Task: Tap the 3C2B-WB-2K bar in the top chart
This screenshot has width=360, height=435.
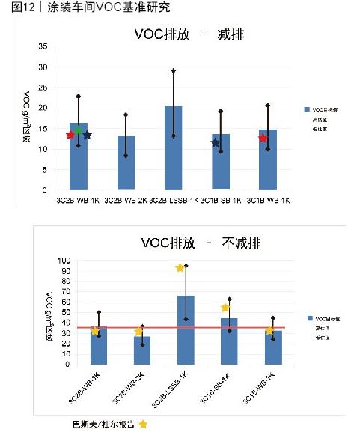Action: [x=126, y=162]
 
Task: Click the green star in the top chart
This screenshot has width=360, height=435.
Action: [x=78, y=132]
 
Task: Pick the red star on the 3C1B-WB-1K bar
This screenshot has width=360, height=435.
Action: [x=263, y=138]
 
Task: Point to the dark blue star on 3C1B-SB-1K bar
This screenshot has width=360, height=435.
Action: [x=216, y=143]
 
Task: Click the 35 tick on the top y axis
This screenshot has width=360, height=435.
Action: [x=43, y=46]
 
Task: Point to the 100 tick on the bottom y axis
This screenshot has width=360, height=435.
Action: [x=64, y=261]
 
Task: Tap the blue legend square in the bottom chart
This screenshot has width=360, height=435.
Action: [x=308, y=318]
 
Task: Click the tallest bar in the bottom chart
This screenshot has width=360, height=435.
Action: [x=186, y=330]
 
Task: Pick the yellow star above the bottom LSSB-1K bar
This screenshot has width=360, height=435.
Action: [x=180, y=267]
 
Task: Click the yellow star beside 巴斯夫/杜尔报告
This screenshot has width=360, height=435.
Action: [x=143, y=424]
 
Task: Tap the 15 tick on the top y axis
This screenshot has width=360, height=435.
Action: [x=43, y=129]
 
